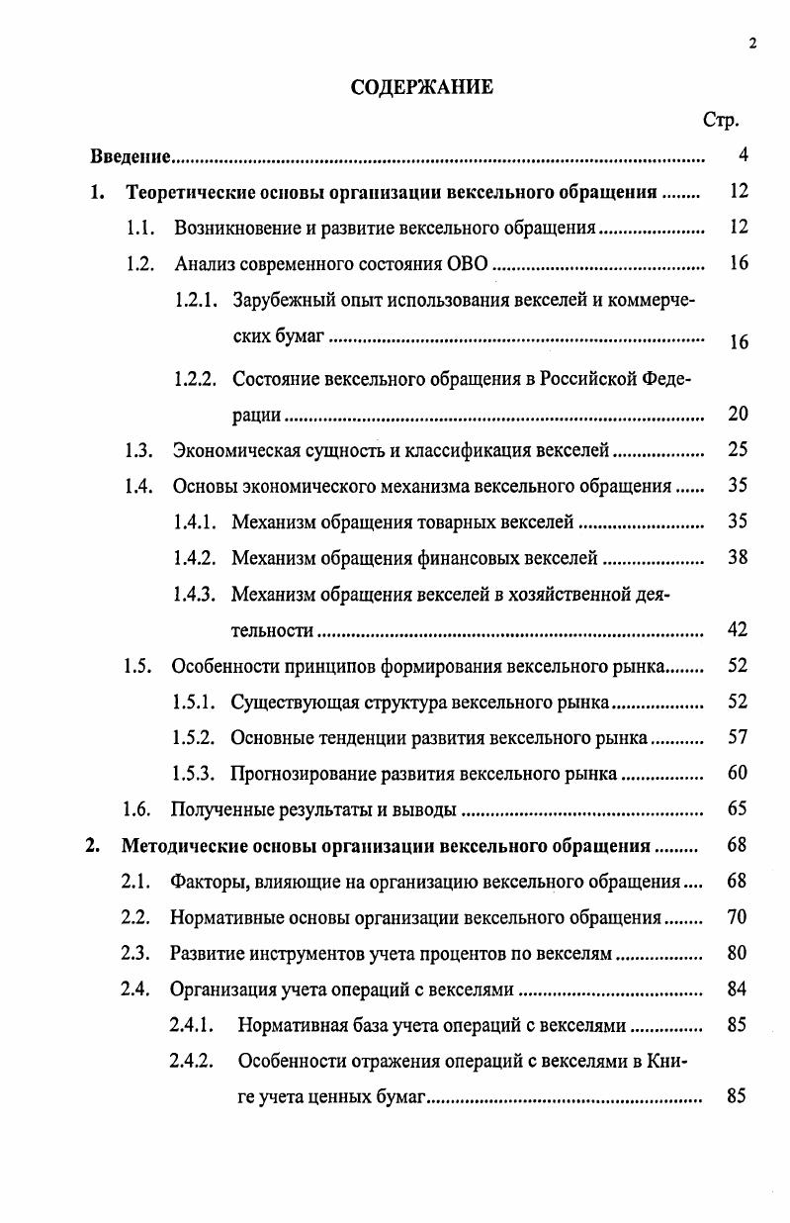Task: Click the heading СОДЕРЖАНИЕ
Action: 422,87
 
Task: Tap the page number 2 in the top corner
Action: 752,43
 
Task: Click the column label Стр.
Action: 721,121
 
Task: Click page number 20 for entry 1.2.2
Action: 738,414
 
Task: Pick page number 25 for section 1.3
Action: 738,450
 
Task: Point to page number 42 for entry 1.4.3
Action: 738,629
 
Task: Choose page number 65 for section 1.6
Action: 738,809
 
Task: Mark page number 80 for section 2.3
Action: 737,953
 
